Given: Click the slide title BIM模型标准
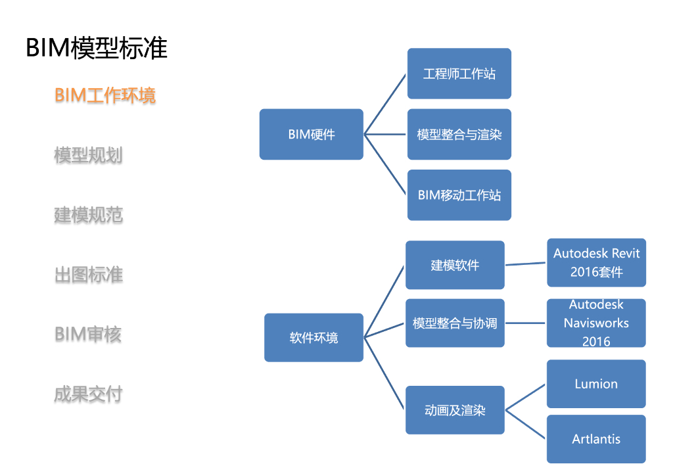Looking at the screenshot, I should [97, 49].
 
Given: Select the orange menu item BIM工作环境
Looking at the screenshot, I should [105, 95].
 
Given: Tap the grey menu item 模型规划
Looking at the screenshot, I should [88, 155].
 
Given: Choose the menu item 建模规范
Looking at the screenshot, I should [88, 215].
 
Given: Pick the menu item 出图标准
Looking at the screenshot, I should [88, 275].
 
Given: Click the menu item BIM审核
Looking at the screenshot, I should [88, 335].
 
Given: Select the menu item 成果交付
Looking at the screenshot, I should [88, 394].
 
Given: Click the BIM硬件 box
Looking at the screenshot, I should [311, 134].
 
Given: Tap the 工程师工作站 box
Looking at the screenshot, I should [459, 74].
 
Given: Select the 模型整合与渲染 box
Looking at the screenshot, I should [459, 134].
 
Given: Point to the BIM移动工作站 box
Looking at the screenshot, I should [459, 195].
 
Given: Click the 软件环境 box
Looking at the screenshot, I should [313, 337].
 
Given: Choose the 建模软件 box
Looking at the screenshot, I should [455, 265].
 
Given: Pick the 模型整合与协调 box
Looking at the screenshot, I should [455, 323].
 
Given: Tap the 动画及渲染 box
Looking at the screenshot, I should [455, 410].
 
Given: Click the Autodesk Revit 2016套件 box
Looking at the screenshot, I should [596, 262].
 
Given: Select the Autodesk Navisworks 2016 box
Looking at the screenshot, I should [596, 323].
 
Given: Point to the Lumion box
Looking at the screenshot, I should [596, 384].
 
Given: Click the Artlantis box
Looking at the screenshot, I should [596, 439].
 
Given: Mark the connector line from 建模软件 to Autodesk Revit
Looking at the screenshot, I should [526, 264].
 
